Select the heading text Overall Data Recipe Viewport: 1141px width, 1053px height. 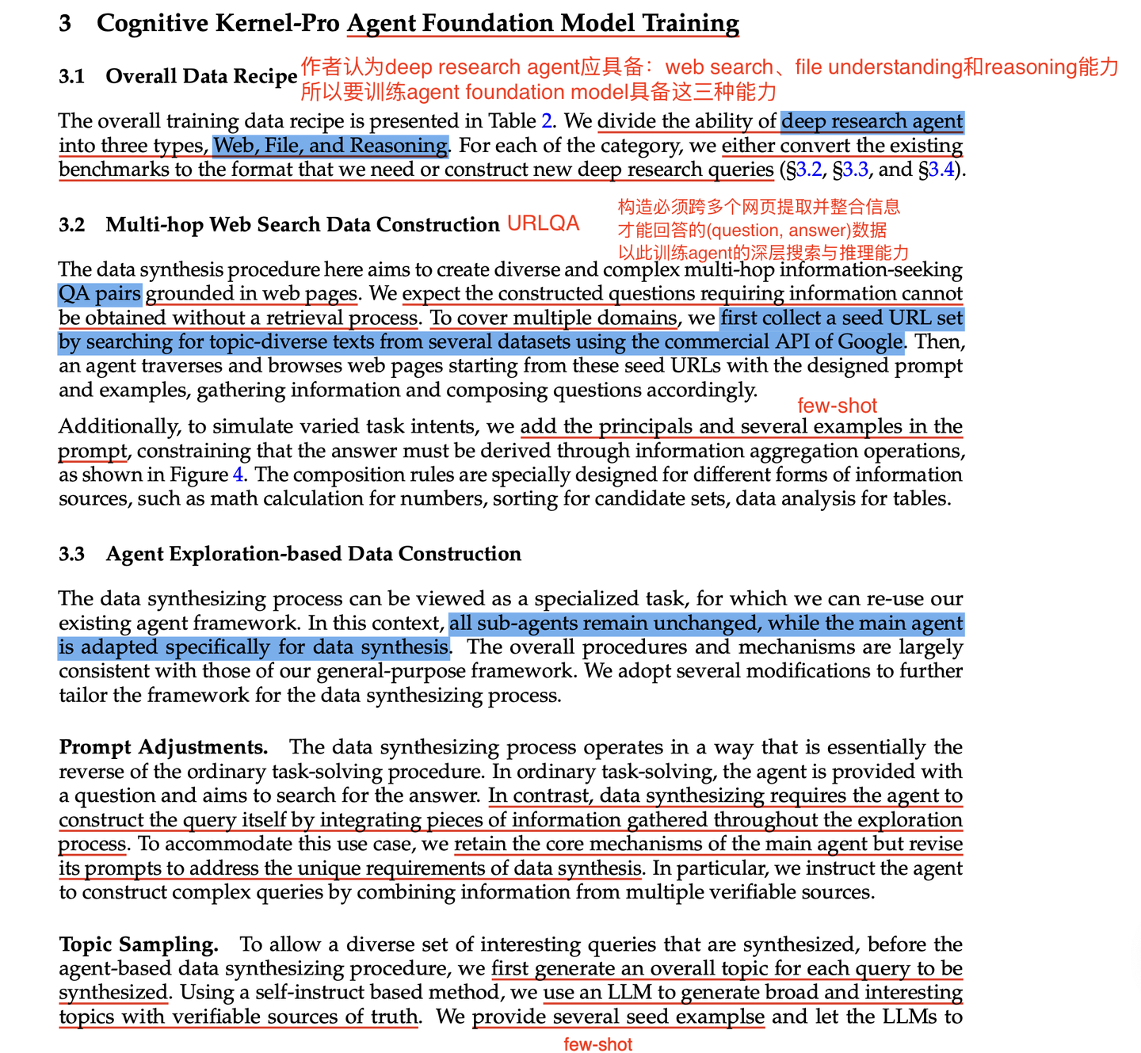pos(201,76)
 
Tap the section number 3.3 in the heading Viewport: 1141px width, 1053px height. pos(71,554)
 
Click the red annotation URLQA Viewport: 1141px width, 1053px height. pos(543,223)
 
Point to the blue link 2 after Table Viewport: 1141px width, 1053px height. pos(546,121)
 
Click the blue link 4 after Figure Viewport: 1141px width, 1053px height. pos(238,475)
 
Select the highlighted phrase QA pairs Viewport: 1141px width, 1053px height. pos(100,294)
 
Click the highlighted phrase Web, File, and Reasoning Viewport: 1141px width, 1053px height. pos(330,146)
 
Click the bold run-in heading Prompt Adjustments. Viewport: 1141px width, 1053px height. pos(163,747)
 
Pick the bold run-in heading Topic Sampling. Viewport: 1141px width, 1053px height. pos(139,944)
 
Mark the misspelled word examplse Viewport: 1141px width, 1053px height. pos(723,1017)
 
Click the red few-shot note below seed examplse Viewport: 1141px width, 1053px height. pos(597,1044)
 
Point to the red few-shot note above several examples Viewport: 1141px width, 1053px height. pos(837,406)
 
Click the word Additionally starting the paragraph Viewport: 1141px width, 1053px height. pos(119,427)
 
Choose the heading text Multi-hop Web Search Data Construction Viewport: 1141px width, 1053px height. pos(303,225)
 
